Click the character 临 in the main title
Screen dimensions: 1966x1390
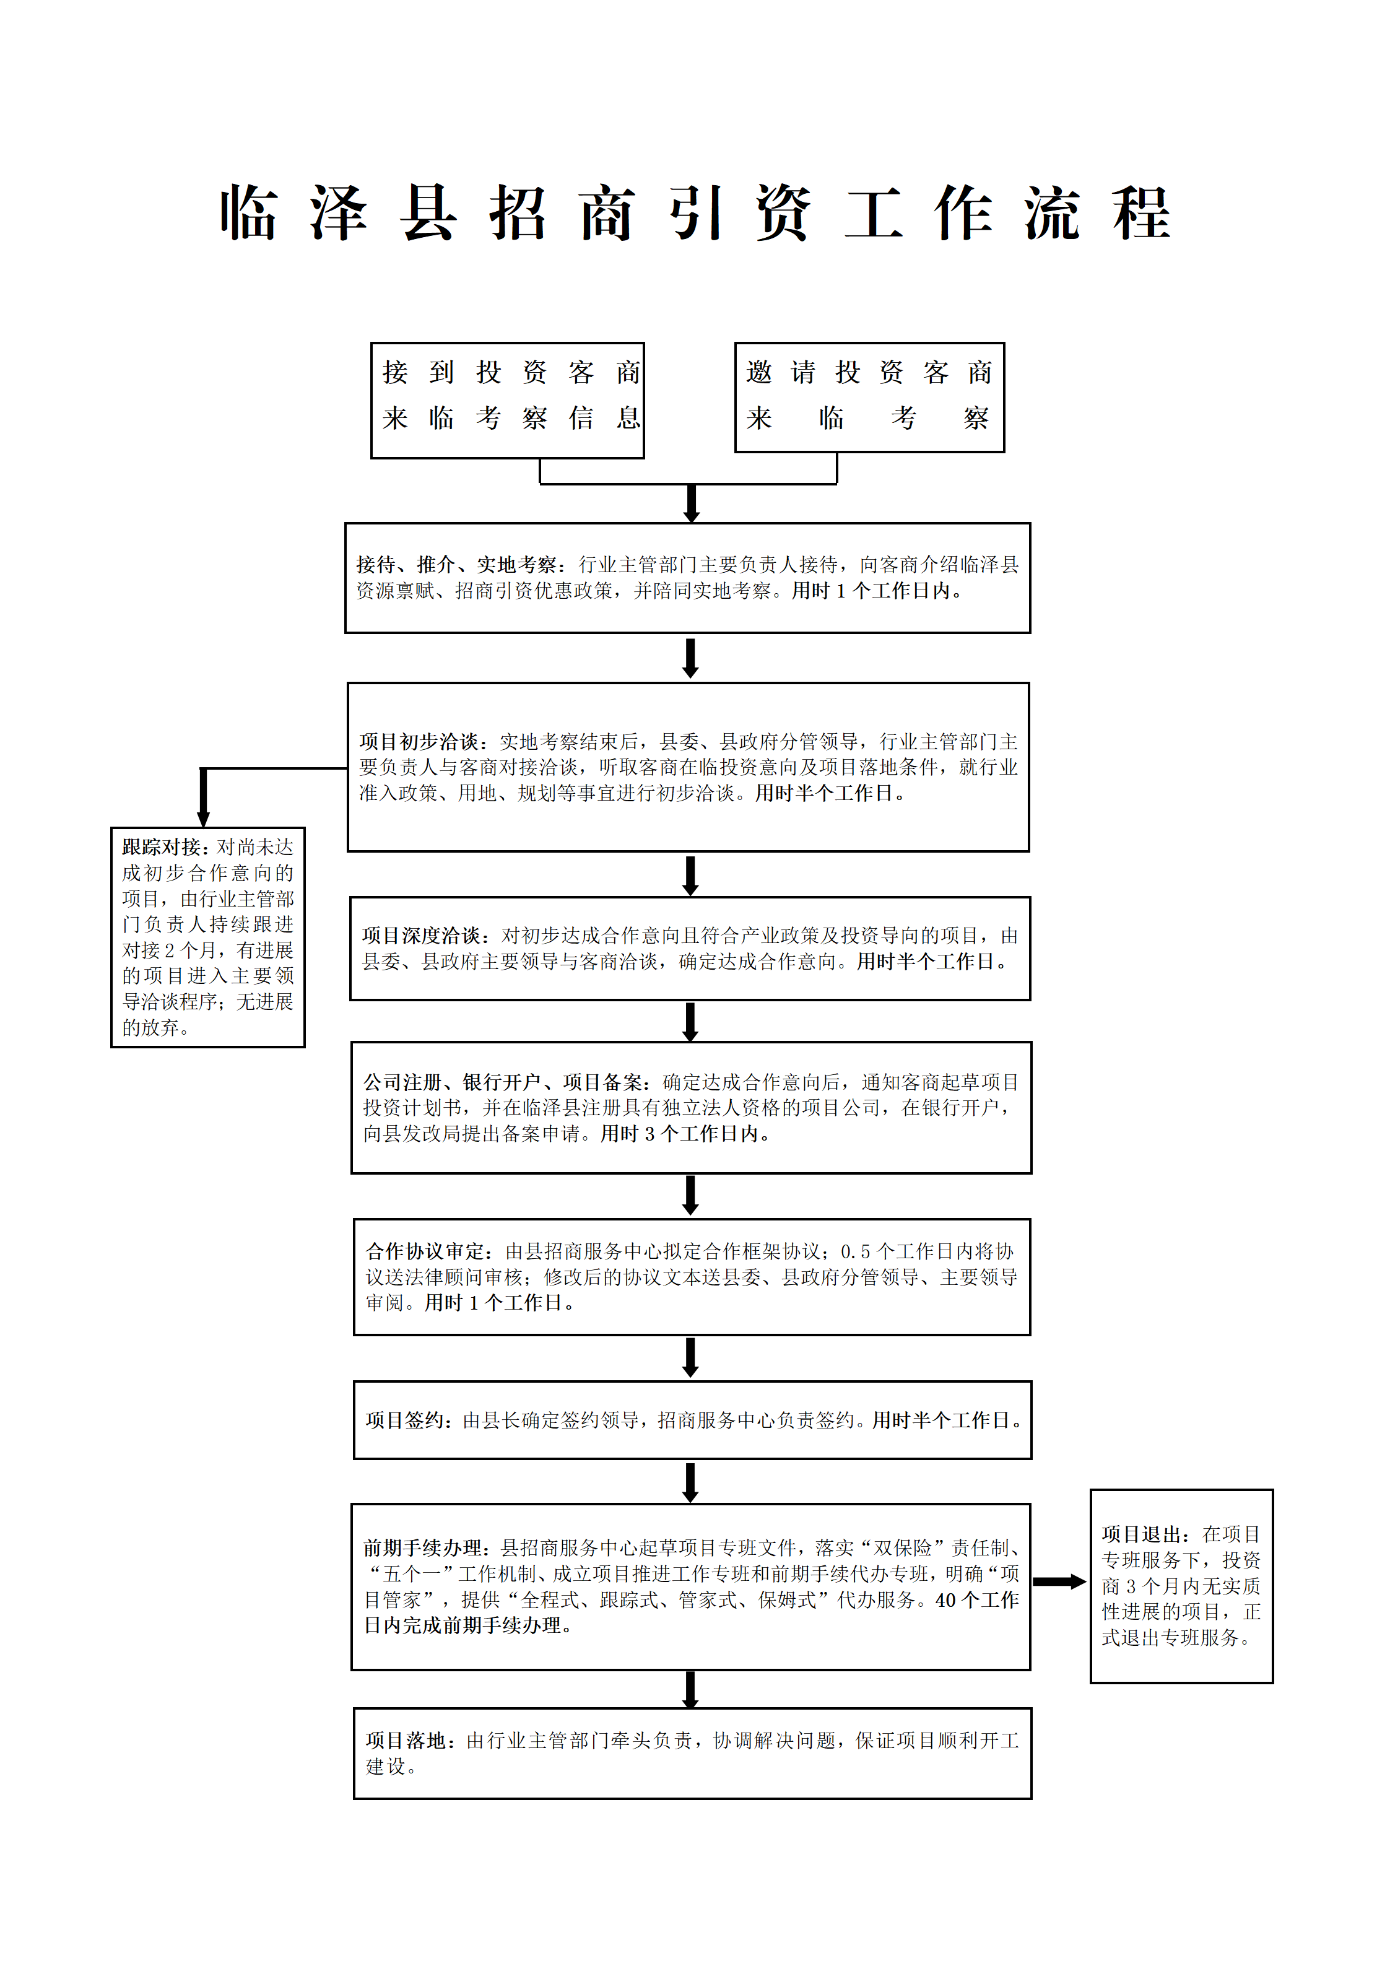[x=248, y=212]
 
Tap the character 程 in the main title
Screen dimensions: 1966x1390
[x=1142, y=212]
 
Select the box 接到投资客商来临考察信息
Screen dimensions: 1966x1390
[x=507, y=400]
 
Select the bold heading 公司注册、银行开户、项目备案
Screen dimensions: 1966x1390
[x=506, y=1082]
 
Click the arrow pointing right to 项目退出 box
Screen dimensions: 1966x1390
[x=1059, y=1581]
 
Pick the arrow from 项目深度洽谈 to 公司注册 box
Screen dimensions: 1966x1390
[x=690, y=1022]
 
